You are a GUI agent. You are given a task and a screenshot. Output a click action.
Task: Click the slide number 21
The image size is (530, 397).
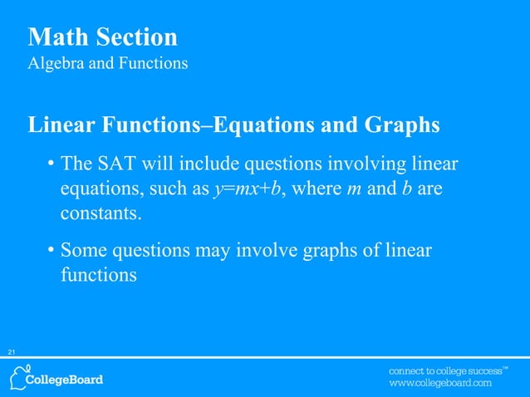click(12, 353)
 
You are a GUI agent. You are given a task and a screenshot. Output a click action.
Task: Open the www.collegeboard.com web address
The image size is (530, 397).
click(441, 384)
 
